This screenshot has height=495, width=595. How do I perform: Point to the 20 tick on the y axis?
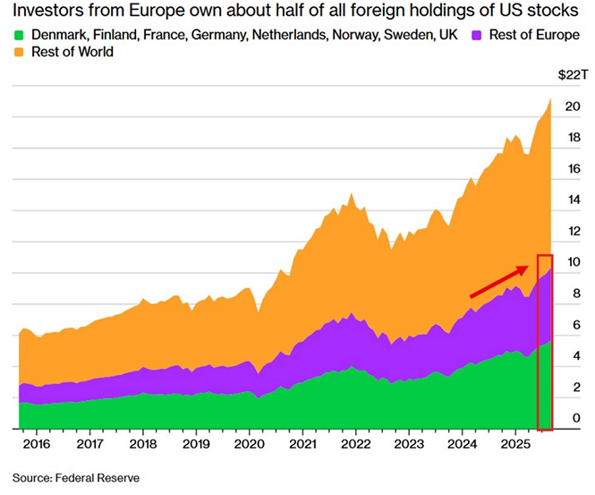click(574, 107)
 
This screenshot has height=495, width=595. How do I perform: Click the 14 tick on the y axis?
click(574, 201)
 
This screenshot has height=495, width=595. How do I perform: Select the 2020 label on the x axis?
click(250, 443)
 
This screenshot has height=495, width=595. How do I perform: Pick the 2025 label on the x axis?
click(515, 443)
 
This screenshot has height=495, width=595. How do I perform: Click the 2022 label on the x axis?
click(356, 443)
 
